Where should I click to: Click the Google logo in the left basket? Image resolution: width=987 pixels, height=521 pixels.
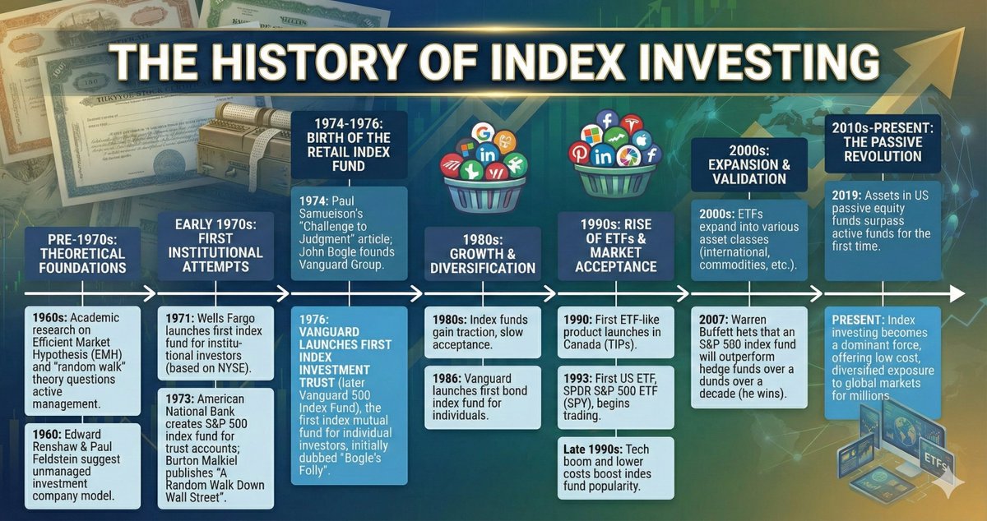pos(484,131)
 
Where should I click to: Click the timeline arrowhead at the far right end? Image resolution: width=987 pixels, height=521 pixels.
pos(956,293)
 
